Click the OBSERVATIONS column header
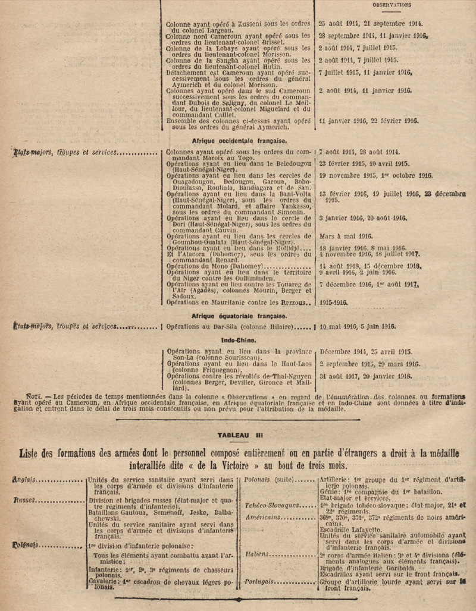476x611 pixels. [392, 5]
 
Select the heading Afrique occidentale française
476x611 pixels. [239, 141]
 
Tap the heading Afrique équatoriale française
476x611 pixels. [239, 316]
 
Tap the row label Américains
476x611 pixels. [262, 517]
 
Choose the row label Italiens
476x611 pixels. [258, 555]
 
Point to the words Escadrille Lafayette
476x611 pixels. [350, 528]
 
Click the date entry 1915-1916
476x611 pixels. [333, 303]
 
